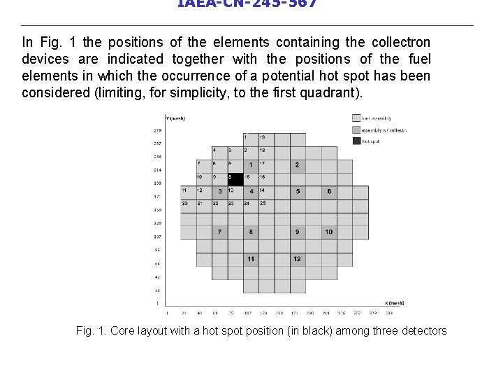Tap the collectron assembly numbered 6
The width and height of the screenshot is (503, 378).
coord(329,192)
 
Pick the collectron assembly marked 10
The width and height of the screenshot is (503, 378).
coord(329,232)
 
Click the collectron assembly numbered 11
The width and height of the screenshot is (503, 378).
coord(251,259)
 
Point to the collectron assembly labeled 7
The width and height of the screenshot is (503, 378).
coord(219,232)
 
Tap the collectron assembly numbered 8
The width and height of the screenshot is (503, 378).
coord(251,232)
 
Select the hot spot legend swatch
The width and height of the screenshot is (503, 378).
coord(356,141)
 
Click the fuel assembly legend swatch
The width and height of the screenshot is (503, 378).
coord(356,118)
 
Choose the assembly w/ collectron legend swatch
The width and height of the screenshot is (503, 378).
coord(356,129)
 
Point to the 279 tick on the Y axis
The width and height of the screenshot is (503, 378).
coord(157,130)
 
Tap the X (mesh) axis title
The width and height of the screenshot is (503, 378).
coord(395,302)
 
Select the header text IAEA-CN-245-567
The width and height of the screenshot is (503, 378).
coord(247,4)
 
